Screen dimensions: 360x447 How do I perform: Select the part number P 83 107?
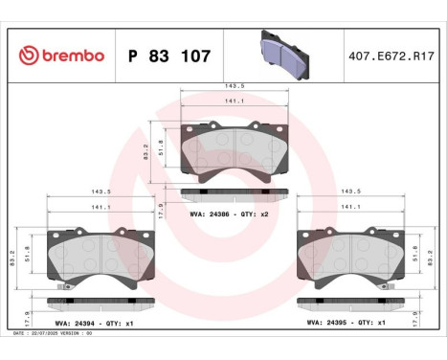168,56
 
